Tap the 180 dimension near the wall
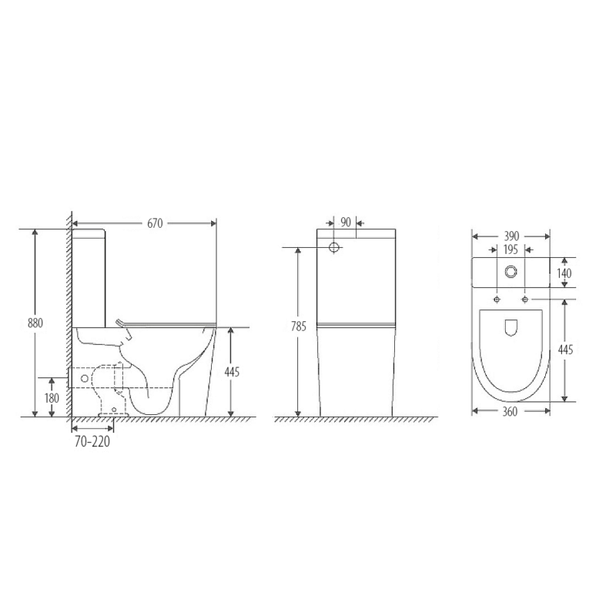coord(51,397)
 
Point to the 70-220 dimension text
coord(92,443)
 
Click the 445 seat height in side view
coord(232,372)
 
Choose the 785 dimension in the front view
coord(300,326)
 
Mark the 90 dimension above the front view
coord(345,223)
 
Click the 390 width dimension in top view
coord(511,236)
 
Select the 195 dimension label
coord(510,249)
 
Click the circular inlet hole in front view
coord(335,248)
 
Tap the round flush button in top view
coord(511,273)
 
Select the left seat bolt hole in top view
coord(497,299)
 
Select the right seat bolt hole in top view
coord(525,299)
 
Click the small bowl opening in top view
coord(511,328)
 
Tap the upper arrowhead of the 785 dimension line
coord(300,252)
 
